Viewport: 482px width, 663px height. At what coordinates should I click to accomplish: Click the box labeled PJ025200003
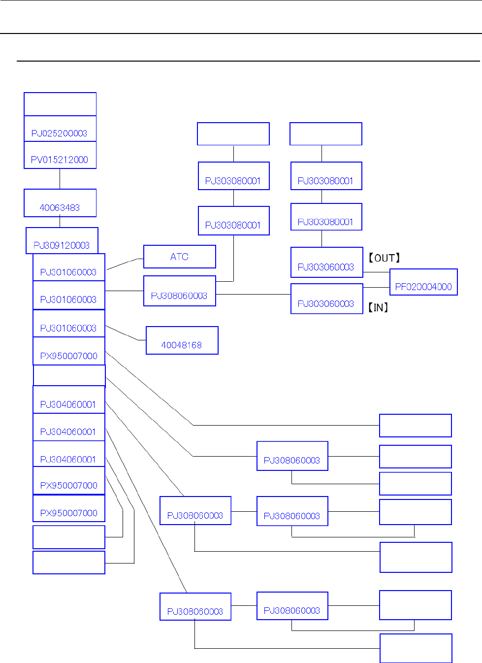pos(60,129)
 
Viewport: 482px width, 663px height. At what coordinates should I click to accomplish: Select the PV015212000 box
pos(60,156)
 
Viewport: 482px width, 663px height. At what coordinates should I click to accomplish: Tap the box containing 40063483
pos(60,203)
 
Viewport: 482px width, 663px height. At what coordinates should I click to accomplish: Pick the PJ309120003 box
pos(62,241)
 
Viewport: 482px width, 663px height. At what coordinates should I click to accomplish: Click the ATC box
pos(180,257)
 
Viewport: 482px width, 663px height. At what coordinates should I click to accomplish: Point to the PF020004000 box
pos(423,282)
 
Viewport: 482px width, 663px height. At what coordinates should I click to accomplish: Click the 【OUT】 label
pos(385,258)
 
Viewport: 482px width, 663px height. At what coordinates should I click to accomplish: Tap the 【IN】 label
pos(378,308)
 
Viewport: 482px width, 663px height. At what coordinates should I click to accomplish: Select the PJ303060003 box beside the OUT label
pos(327,263)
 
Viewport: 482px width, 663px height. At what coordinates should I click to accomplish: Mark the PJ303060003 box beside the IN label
pos(327,299)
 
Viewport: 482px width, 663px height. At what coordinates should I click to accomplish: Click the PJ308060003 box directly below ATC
pos(180,291)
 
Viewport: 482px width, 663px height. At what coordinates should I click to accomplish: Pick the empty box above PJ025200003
pos(60,104)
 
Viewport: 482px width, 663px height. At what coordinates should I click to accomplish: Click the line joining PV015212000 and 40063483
pos(60,179)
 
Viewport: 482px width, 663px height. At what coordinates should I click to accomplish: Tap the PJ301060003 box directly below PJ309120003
pos(69,267)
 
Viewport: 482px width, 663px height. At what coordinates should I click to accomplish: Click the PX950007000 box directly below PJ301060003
pos(69,351)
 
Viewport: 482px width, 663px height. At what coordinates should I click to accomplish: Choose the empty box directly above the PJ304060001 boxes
pos(69,375)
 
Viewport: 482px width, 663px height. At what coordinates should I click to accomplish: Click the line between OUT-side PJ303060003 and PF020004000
pos(376,272)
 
